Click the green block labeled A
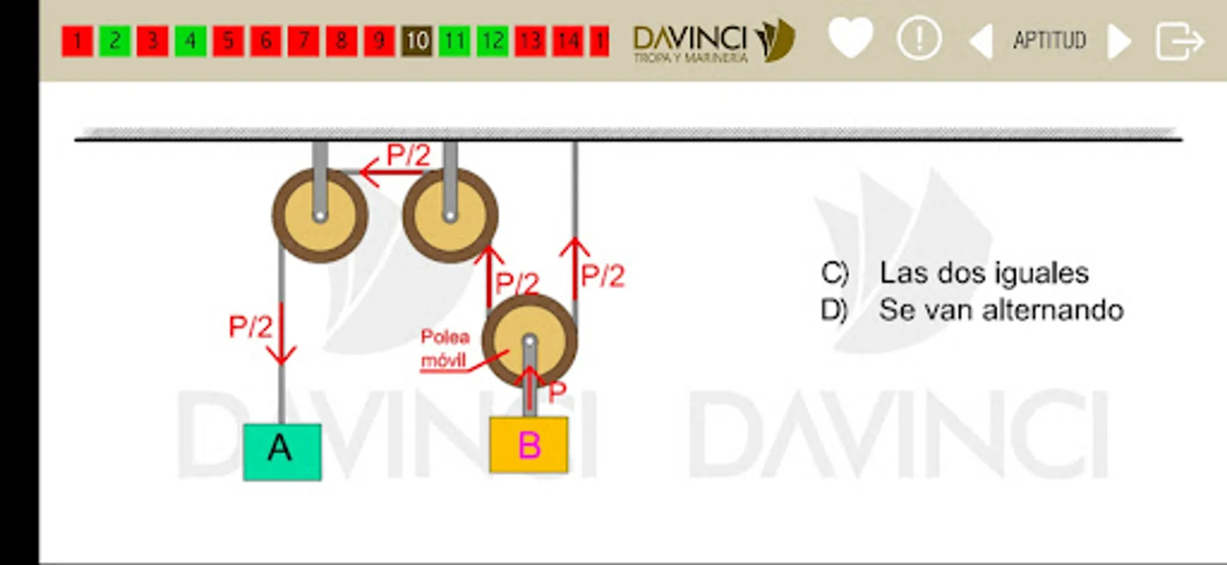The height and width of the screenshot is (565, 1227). click(x=282, y=452)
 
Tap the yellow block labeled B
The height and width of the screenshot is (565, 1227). click(x=528, y=444)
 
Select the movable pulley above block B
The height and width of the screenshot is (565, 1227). click(x=530, y=341)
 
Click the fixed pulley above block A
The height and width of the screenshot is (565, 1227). click(x=320, y=215)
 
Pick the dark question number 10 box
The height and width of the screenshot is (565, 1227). click(x=417, y=41)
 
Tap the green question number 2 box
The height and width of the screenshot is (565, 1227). click(x=115, y=41)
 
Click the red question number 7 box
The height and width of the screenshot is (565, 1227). click(x=303, y=41)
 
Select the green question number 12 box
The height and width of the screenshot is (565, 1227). click(x=492, y=41)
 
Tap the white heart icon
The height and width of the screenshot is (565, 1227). click(x=851, y=38)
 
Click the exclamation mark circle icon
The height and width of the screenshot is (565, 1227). click(x=919, y=39)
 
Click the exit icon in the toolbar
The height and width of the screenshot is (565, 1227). click(x=1179, y=41)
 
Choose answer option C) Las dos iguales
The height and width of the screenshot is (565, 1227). click(x=955, y=273)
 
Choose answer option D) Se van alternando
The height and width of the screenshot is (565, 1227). click(x=972, y=310)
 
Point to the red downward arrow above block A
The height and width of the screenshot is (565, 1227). click(x=281, y=334)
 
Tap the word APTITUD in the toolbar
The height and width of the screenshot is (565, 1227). click(x=1049, y=41)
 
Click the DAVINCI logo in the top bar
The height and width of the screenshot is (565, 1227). click(x=714, y=41)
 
